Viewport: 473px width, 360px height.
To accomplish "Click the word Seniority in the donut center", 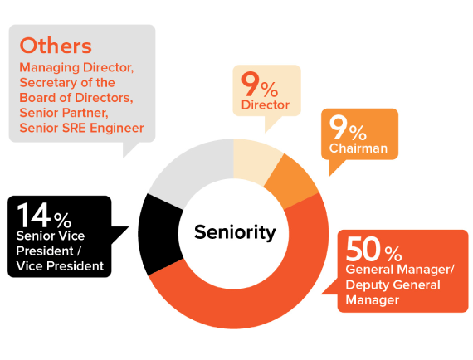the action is (235, 232).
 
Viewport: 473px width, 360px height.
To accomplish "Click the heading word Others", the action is (56, 46).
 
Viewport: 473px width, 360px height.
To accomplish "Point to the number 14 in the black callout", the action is (34, 215).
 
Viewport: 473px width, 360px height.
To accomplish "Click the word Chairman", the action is (358, 148).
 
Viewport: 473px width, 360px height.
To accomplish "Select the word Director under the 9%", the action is (266, 105).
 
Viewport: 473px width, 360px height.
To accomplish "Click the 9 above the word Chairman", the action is (337, 128).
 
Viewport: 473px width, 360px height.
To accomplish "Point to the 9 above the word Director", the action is (250, 84).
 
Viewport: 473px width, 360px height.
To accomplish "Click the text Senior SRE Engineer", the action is (81, 128).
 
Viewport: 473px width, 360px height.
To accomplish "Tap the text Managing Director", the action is (76, 67).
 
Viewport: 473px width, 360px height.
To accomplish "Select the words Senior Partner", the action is (64, 113).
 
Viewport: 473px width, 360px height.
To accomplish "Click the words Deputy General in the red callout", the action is (393, 285).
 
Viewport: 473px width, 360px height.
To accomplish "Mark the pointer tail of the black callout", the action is (128, 226).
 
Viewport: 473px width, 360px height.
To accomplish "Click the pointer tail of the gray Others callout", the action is (124, 157).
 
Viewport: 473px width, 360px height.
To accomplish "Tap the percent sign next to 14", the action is (63, 220).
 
